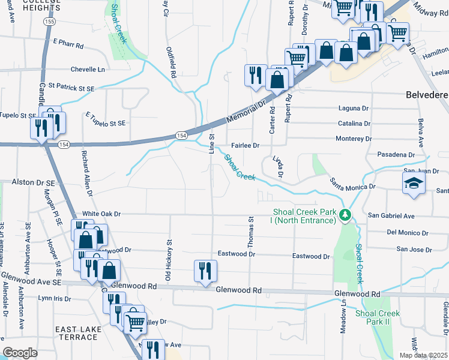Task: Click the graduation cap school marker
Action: pyautogui.click(x=413, y=184)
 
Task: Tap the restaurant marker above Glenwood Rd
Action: pyautogui.click(x=205, y=271)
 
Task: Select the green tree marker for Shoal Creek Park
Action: pyautogui.click(x=345, y=215)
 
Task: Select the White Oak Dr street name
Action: pyautogui.click(x=102, y=214)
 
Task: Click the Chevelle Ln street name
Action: pyautogui.click(x=88, y=70)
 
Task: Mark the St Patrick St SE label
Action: pyautogui.click(x=72, y=88)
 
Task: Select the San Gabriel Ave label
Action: pyautogui.click(x=391, y=215)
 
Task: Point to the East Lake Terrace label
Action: pyautogui.click(x=76, y=333)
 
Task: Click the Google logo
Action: pyautogui.click(x=20, y=353)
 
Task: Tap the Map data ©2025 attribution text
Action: pyautogui.click(x=427, y=355)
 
